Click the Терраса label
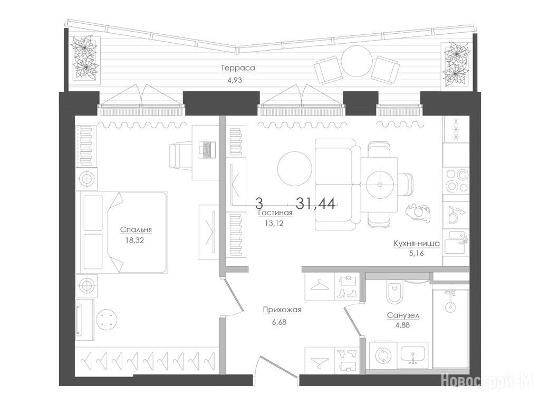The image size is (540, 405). click(238, 68)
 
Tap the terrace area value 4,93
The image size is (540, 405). click(235, 80)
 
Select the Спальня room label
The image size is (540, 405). click(136, 230)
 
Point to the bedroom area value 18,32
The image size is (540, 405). click(134, 240)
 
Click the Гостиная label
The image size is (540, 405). click(275, 213)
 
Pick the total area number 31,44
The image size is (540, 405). click(315, 204)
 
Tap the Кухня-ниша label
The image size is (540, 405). click(417, 244)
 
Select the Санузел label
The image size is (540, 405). click(403, 315)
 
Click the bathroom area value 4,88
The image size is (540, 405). click(402, 325)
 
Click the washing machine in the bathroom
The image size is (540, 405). click(383, 356)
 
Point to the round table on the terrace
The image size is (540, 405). click(357, 61)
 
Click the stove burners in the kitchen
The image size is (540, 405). click(456, 181)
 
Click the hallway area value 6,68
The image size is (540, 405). click(279, 322)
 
